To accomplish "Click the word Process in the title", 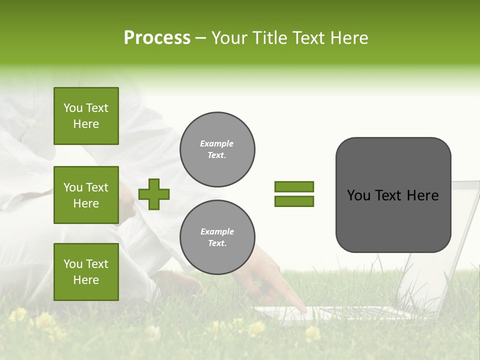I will [x=157, y=38].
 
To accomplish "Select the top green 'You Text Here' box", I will [x=86, y=116].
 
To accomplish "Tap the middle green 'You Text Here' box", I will [x=86, y=195].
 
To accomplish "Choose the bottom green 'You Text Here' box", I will [x=86, y=272].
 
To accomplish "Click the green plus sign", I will [x=154, y=194].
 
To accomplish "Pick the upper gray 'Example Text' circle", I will [x=217, y=149].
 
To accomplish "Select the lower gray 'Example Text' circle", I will [x=217, y=237].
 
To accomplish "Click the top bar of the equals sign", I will [x=294, y=186].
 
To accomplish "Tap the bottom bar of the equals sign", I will [x=294, y=201].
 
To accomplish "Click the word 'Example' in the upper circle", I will [x=217, y=144].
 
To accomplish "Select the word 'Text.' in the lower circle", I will [x=217, y=243].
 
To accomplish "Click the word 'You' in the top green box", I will [x=73, y=108].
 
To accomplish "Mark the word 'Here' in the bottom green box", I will [x=86, y=280].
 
